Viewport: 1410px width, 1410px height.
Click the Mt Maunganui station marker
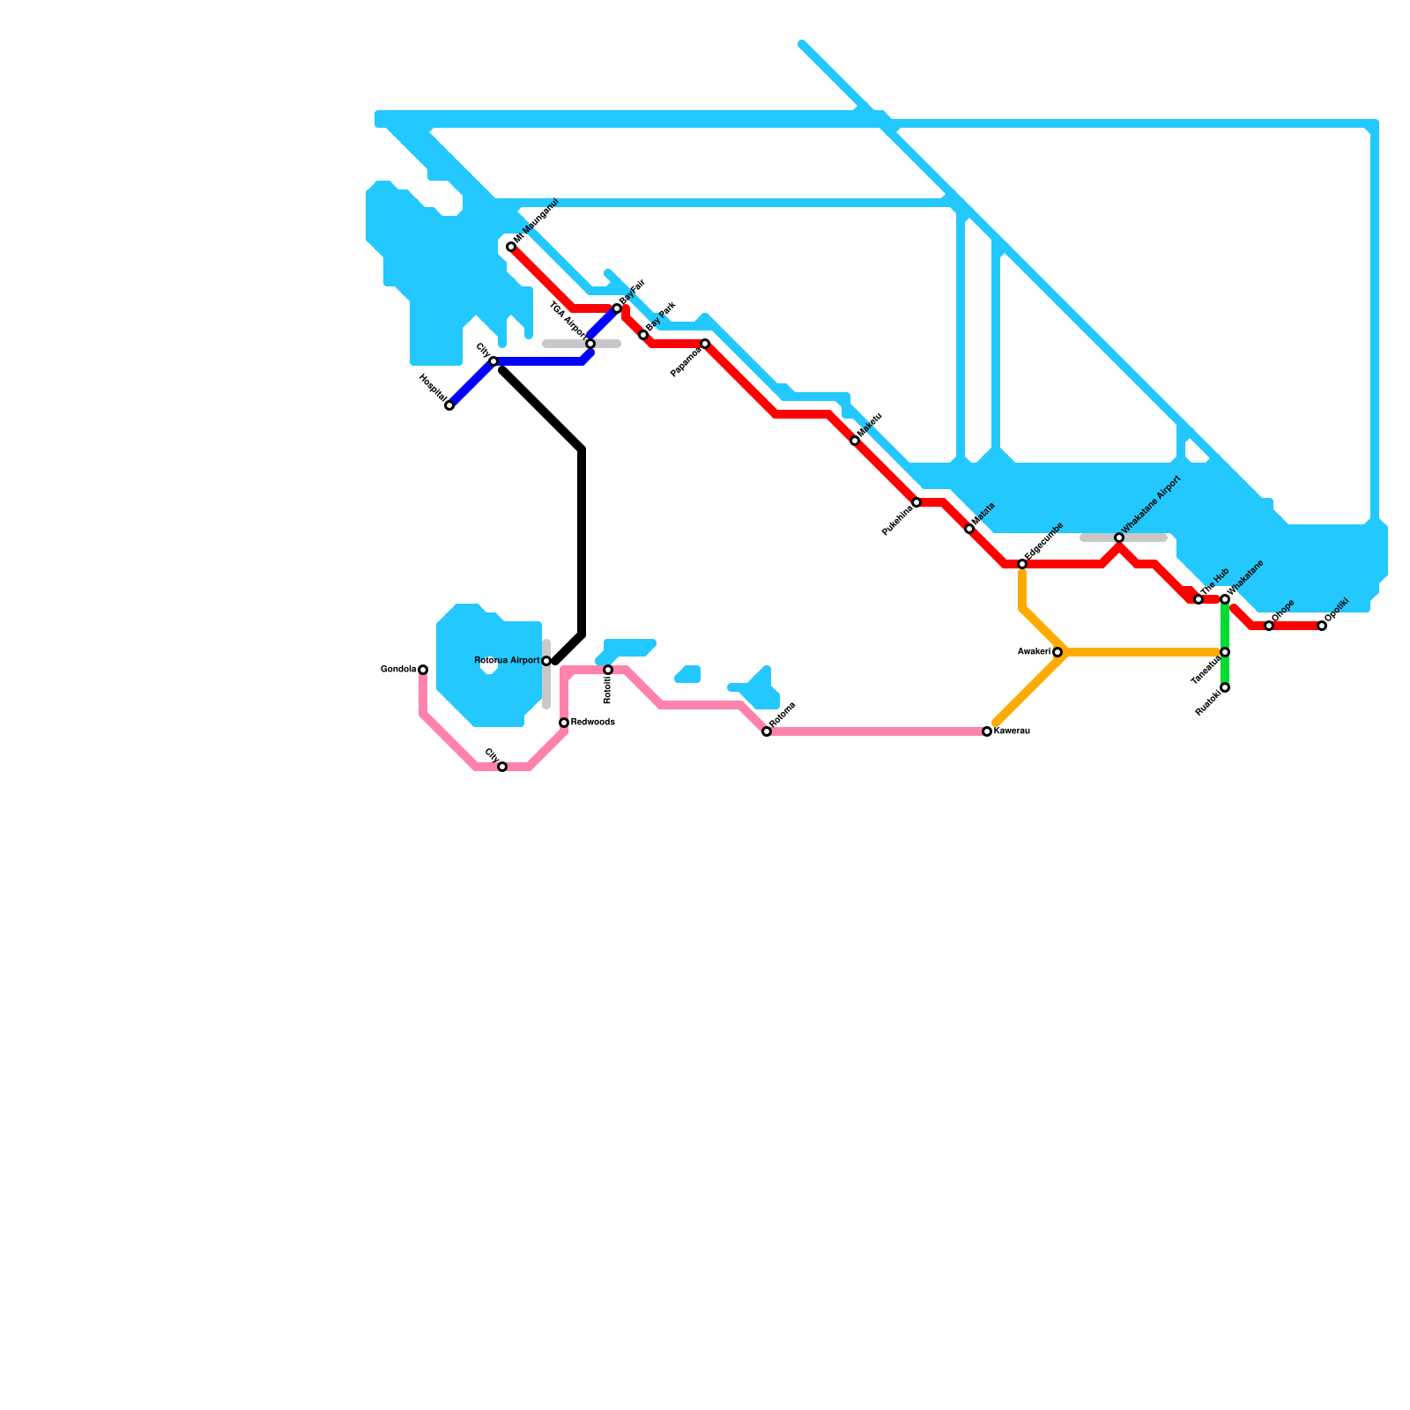pyautogui.click(x=511, y=247)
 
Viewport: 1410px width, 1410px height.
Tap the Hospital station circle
pyautogui.click(x=449, y=405)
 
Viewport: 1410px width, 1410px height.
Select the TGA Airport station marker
pyautogui.click(x=590, y=344)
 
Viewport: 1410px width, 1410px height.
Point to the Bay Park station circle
pyautogui.click(x=643, y=335)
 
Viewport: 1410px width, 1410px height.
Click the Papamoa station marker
pyautogui.click(x=705, y=344)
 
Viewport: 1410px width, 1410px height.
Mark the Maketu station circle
pyautogui.click(x=855, y=441)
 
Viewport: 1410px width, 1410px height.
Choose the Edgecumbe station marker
pyautogui.click(x=1022, y=564)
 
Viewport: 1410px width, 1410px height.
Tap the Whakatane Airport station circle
pyautogui.click(x=1119, y=538)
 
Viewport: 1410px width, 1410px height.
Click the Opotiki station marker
pyautogui.click(x=1322, y=626)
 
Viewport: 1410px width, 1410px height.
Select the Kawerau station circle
pyautogui.click(x=987, y=731)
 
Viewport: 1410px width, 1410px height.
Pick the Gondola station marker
pyautogui.click(x=423, y=670)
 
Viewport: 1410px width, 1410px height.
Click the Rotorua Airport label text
pyautogui.click(x=507, y=660)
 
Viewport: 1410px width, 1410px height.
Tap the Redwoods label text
pyautogui.click(x=592, y=723)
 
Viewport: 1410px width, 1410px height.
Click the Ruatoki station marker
pyautogui.click(x=1225, y=687)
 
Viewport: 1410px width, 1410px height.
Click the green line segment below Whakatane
pyautogui.click(x=1225, y=626)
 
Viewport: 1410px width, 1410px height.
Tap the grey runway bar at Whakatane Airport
pyautogui.click(x=1146, y=538)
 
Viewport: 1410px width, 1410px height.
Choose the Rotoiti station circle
pyautogui.click(x=608, y=670)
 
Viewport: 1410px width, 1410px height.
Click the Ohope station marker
pyautogui.click(x=1269, y=626)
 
